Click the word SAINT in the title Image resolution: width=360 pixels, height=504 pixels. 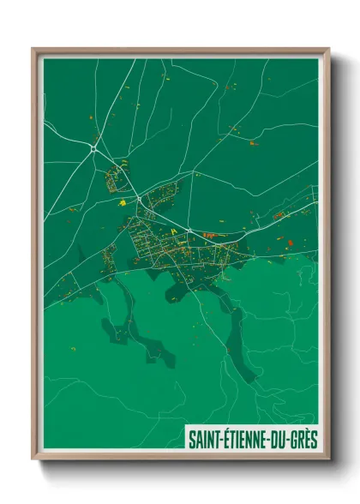tap(204, 440)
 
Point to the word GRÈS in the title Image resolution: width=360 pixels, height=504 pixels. tap(304, 440)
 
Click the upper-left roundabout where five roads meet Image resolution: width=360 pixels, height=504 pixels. tap(93, 148)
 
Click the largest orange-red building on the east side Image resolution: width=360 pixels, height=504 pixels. tap(290, 244)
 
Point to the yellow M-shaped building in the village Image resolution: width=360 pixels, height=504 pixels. tap(175, 231)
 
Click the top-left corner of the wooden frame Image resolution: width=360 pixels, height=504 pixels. tap(33, 50)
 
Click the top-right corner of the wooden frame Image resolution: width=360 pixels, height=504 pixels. tap(328, 50)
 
